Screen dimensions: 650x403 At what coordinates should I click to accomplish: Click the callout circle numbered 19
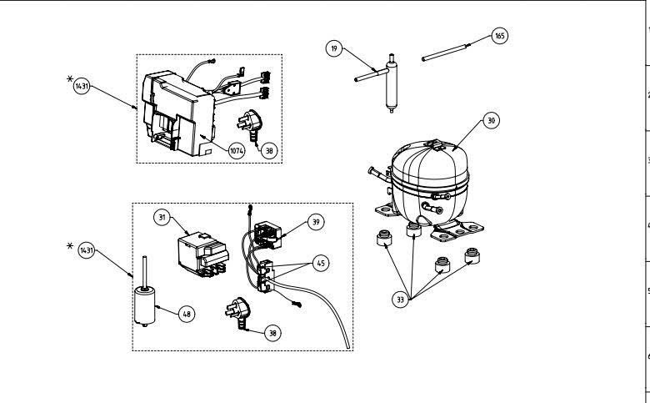334,48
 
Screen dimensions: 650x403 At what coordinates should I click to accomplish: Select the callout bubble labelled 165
499,36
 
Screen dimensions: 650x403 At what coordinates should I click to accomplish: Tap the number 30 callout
491,121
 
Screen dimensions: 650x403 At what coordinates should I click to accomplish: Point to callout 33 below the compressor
400,300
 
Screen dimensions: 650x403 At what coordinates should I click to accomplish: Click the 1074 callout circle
237,151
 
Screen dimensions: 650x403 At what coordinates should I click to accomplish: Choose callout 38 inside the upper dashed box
269,151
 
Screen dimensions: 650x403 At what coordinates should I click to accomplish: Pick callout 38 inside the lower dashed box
272,333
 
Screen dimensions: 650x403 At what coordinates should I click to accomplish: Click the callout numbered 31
162,218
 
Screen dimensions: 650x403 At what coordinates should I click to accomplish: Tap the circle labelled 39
316,222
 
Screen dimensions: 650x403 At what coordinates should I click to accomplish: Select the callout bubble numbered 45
321,263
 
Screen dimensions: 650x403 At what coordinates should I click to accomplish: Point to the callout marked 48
187,315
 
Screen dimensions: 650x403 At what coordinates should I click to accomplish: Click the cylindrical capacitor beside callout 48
145,305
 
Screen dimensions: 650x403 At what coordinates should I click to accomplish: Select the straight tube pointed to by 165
444,53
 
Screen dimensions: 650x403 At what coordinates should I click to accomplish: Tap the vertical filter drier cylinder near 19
391,84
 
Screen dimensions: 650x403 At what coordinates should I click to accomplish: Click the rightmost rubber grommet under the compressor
472,255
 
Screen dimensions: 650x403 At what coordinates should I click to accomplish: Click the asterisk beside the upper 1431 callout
70,78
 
